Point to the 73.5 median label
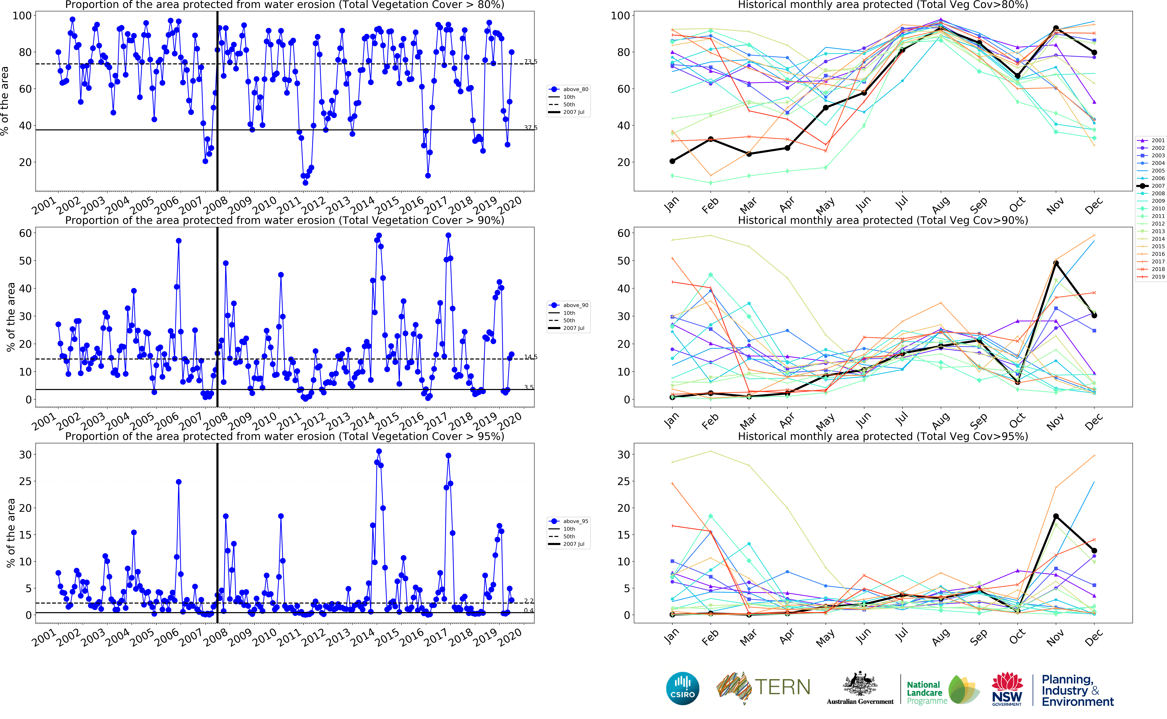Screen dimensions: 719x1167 531,62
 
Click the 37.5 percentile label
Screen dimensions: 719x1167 531,127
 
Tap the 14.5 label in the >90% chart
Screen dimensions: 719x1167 531,357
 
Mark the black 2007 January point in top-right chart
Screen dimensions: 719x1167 672,161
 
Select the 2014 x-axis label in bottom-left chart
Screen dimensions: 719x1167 363,637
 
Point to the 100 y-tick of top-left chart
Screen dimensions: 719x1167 22,16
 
